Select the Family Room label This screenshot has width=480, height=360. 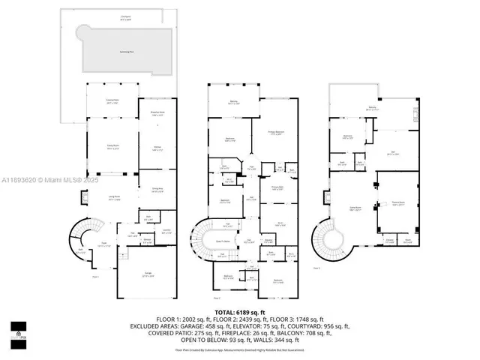(x=112, y=147)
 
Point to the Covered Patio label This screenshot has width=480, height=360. (x=112, y=103)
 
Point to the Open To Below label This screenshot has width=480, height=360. (x=223, y=241)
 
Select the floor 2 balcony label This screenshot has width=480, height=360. (x=232, y=103)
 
